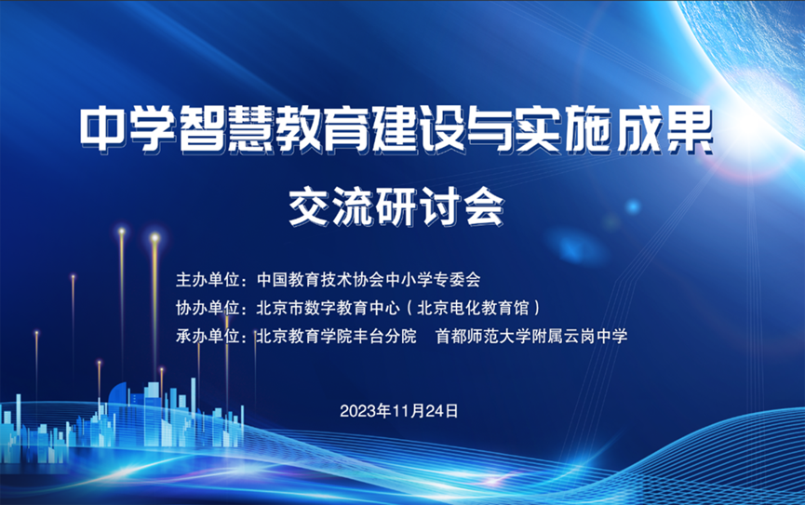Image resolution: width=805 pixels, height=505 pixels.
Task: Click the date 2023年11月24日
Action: [x=399, y=409]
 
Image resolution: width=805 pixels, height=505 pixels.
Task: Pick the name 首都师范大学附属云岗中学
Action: [x=531, y=336]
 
